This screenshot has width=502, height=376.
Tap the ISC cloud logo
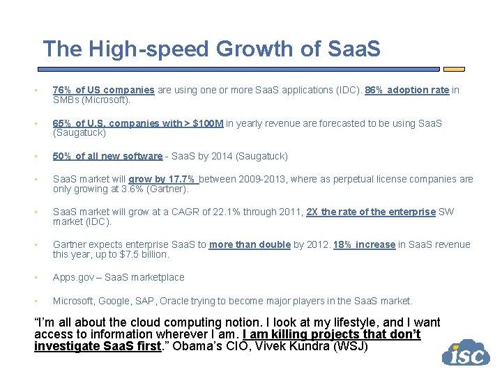click(x=465, y=353)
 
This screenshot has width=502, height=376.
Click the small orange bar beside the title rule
click(x=454, y=69)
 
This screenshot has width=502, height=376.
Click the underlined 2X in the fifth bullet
click(x=312, y=212)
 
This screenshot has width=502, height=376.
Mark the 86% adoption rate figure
click(x=375, y=90)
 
